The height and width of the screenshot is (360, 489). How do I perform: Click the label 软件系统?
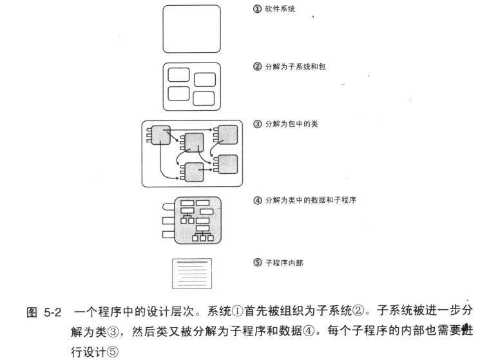pos(280,9)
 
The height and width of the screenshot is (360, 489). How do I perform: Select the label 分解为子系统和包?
pos(295,66)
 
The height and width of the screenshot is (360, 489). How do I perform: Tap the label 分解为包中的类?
pos(291,124)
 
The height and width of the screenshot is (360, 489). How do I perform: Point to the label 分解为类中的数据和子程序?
pos(311,200)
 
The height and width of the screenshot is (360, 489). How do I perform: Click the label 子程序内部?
pos(283,263)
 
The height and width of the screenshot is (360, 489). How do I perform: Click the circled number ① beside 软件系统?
pos(257,9)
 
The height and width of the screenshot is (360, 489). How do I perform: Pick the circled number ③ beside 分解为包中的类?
pos(257,124)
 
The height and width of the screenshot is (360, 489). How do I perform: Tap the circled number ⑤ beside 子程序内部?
pos(257,263)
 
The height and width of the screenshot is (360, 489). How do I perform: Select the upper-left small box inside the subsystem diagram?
pos(178,75)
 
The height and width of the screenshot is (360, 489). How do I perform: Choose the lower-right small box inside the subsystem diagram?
pos(204,99)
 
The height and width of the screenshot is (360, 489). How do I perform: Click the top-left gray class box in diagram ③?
pos(160,135)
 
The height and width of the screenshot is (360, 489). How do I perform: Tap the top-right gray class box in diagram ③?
pos(227,135)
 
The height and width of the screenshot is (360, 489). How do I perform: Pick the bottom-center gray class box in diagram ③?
pos(195,173)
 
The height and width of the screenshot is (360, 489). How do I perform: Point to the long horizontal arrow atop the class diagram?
pos(191,129)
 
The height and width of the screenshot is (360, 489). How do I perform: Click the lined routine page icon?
pos(192,273)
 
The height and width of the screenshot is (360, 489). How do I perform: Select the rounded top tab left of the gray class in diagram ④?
pos(168,207)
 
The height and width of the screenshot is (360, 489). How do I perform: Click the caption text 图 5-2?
pos(44,312)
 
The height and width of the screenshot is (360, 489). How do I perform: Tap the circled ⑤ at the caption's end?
pos(113,352)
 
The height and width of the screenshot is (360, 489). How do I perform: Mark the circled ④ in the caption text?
pos(309,331)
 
